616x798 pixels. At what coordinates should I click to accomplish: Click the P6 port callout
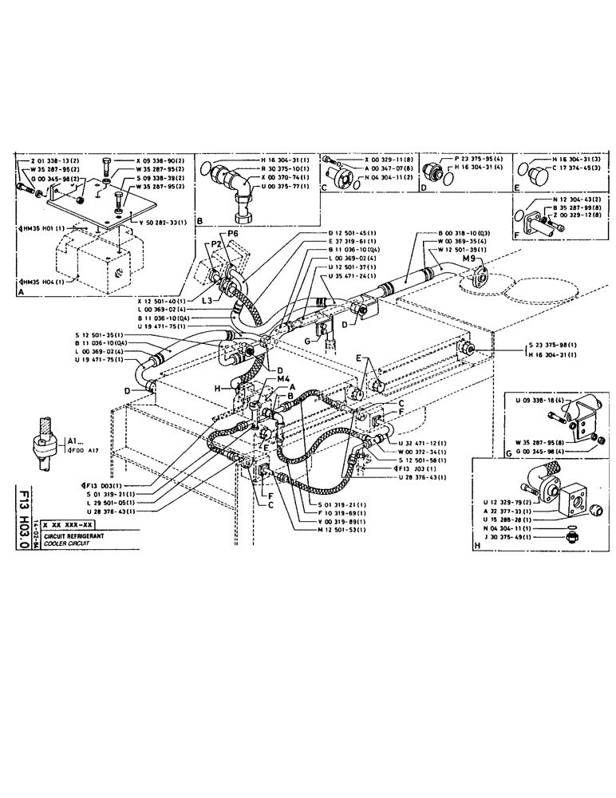[x=233, y=234]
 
